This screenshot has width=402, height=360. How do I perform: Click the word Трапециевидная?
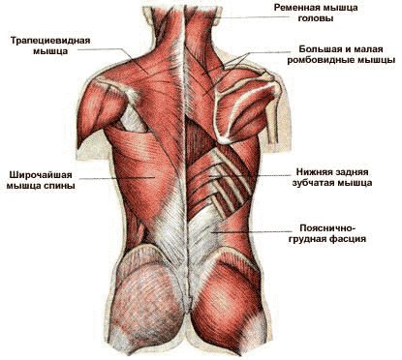tap(50, 41)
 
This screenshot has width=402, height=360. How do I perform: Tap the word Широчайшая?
tap(41, 175)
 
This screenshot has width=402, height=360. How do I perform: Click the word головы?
tap(316, 18)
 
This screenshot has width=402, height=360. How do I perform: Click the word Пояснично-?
tap(327, 228)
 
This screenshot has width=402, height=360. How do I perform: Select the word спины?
tap(59, 186)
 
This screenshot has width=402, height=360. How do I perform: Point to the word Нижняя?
tap(313, 172)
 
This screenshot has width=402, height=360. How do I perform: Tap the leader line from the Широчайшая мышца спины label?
tap(117, 177)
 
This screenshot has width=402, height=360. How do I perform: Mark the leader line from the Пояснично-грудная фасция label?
tap(251, 231)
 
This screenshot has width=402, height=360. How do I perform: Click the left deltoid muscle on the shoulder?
tap(99, 106)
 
